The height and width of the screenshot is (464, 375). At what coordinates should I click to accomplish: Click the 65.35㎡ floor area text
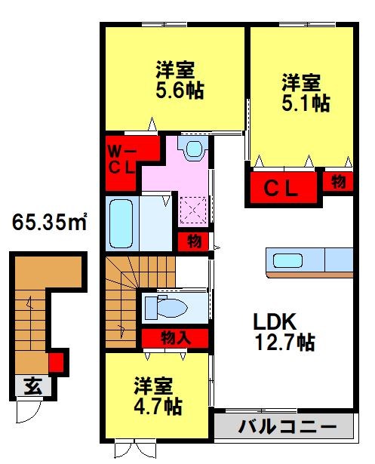(x=49, y=223)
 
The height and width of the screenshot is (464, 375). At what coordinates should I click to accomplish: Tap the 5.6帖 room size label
(x=180, y=91)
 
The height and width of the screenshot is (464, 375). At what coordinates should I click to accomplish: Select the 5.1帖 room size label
(x=306, y=103)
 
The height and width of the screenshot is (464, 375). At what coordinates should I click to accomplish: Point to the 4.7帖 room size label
(x=158, y=406)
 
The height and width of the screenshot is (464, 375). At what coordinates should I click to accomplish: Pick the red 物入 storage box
(x=174, y=337)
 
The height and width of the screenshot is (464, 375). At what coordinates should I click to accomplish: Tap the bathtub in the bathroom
(x=121, y=224)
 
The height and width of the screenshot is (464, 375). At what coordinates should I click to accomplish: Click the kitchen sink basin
(x=288, y=261)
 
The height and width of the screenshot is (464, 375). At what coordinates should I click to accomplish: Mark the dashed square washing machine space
(x=192, y=208)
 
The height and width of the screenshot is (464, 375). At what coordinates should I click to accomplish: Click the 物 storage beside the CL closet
(x=338, y=182)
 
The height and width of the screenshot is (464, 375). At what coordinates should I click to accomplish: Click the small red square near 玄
(x=56, y=364)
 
